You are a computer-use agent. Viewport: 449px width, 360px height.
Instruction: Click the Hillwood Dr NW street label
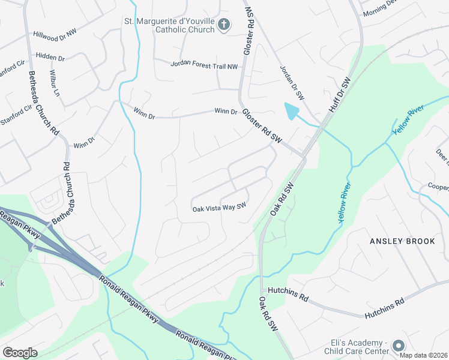(x=55, y=35)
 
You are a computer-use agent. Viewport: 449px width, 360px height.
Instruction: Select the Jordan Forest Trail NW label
(x=204, y=64)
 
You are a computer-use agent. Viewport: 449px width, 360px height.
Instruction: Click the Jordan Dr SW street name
(x=293, y=82)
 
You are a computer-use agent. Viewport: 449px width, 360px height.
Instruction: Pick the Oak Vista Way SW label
(x=219, y=208)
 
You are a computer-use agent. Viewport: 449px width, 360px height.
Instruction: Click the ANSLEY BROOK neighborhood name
(x=402, y=241)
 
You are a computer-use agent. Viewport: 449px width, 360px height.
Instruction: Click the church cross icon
(x=224, y=25)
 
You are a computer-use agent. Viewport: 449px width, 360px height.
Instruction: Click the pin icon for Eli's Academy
(x=399, y=346)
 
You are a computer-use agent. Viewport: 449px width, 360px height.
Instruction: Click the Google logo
(x=20, y=353)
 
